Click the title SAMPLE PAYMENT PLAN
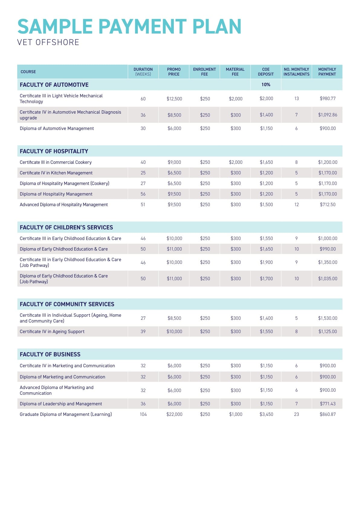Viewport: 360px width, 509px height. (129, 27)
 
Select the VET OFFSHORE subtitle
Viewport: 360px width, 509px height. (48, 42)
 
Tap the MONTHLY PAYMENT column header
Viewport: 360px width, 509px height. (327, 72)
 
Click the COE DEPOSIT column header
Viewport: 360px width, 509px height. (266, 72)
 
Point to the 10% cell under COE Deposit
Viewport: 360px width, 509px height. (266, 85)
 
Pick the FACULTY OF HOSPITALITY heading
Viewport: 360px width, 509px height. (54, 151)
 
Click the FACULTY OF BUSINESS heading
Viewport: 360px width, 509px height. (50, 354)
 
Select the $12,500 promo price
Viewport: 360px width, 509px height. (174, 99)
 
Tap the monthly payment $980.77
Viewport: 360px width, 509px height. (327, 99)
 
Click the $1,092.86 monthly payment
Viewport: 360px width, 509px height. (327, 115)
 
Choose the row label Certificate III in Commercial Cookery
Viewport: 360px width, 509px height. (56, 162)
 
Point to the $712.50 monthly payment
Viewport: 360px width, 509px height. (327, 205)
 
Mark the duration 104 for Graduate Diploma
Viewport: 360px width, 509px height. (143, 414)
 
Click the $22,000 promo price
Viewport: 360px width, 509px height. (174, 414)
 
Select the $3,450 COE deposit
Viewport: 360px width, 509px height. (266, 414)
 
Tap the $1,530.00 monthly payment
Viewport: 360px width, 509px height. (327, 318)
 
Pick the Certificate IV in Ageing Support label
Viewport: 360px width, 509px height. (52, 332)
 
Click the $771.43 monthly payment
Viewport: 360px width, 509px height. (327, 404)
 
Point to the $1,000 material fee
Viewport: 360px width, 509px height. (235, 414)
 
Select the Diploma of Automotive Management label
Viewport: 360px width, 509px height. (57, 128)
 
